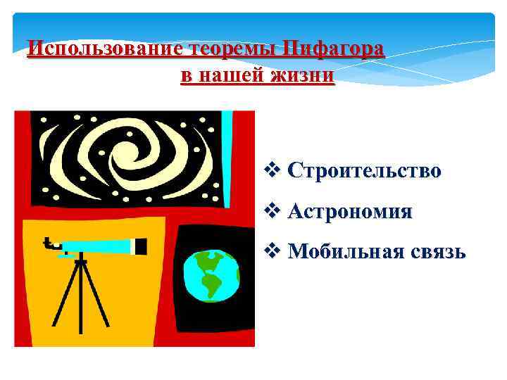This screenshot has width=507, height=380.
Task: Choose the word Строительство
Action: click(x=365, y=170)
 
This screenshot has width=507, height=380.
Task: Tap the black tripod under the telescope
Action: click(x=80, y=296)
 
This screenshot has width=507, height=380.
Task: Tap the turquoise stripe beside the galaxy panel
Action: click(x=227, y=137)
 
